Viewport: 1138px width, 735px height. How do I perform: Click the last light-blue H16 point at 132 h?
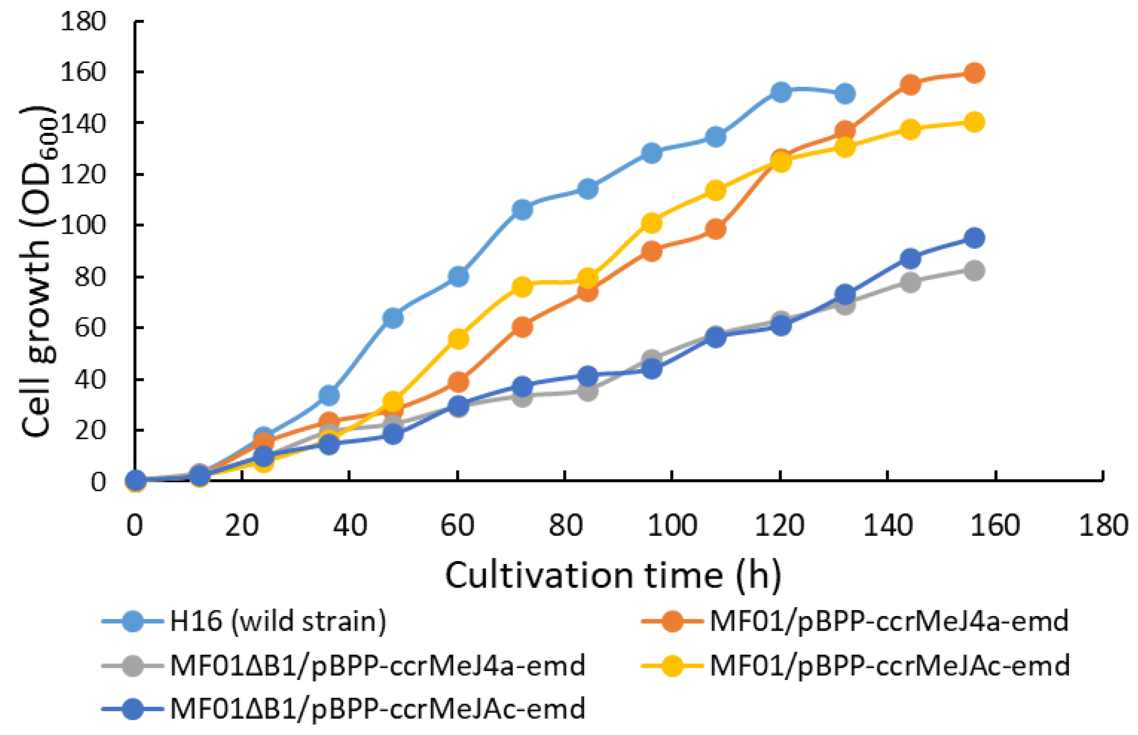[845, 94]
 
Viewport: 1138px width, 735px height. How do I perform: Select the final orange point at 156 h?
[974, 73]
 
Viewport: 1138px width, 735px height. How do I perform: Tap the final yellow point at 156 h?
[974, 122]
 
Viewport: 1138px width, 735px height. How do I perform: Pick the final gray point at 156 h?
[974, 271]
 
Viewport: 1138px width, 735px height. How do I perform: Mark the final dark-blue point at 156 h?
[974, 238]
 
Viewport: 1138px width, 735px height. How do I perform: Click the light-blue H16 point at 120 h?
[781, 91]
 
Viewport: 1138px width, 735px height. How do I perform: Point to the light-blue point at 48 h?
[393, 318]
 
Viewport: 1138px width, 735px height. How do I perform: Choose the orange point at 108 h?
[715, 229]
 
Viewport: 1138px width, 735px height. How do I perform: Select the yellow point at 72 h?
[522, 287]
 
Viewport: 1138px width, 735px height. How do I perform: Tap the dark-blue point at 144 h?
[910, 259]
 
